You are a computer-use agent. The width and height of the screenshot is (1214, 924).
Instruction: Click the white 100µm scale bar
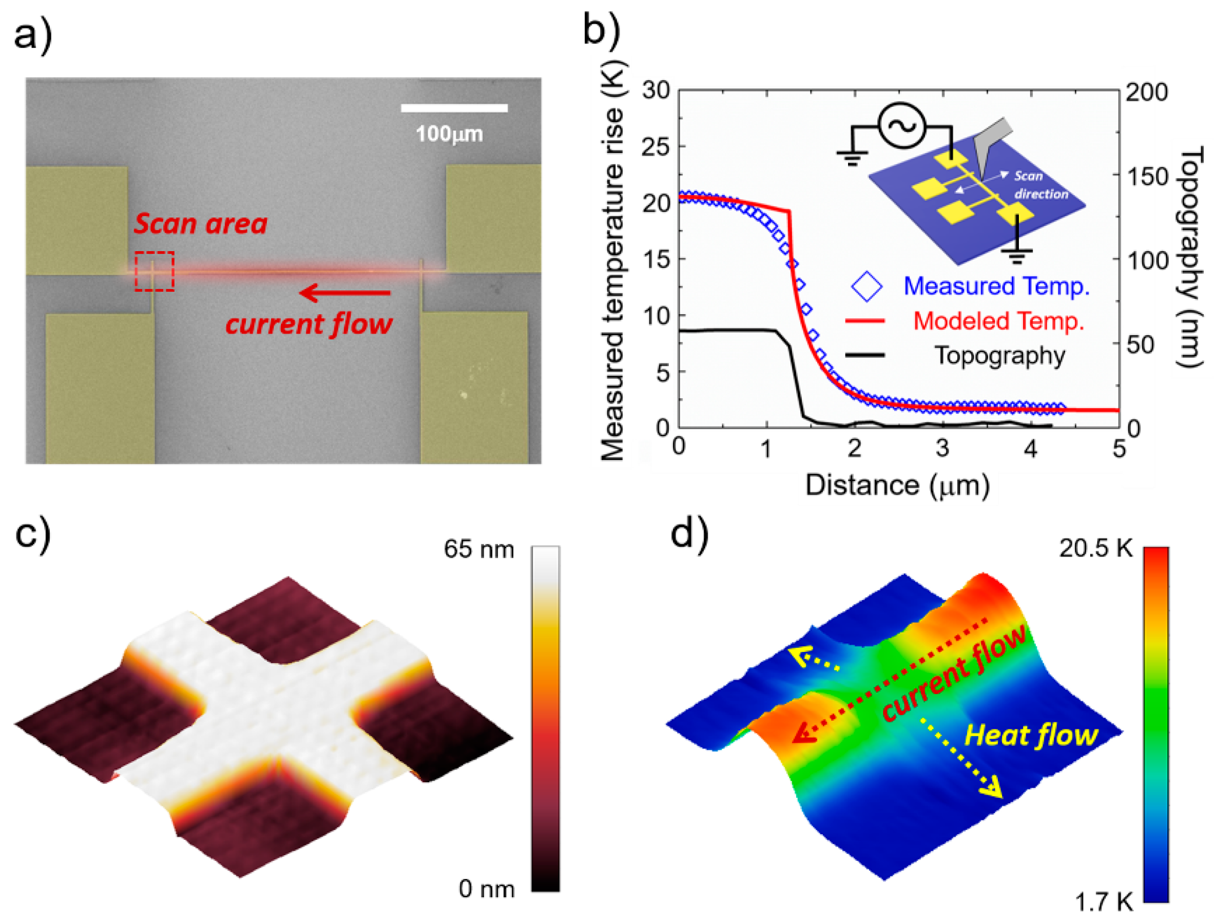[454, 108]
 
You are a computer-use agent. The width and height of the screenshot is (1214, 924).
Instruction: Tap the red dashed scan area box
[155, 271]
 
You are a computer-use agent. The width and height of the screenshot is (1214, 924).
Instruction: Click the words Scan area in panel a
[201, 224]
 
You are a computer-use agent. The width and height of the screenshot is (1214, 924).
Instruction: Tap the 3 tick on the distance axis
[942, 448]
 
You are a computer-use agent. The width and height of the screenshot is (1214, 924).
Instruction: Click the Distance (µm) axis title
[898, 485]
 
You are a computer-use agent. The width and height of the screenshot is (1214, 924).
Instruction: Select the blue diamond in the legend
[866, 286]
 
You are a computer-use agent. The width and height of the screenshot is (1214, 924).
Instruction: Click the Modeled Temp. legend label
[998, 321]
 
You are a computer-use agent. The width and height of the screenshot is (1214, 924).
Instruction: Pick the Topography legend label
[1000, 355]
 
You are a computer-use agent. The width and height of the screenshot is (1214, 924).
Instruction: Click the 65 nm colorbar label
[478, 549]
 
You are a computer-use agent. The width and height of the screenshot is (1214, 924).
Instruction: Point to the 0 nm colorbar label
[486, 889]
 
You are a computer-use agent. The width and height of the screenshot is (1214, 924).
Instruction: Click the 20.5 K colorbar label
[1096, 548]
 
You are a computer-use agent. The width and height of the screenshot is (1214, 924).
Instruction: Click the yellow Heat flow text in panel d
[1031, 735]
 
